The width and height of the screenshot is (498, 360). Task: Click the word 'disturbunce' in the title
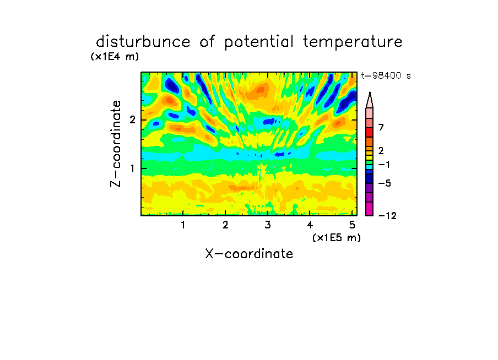coord(143,42)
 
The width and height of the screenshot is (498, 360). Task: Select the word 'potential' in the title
coord(259,42)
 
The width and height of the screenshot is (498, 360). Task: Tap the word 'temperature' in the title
coord(353,42)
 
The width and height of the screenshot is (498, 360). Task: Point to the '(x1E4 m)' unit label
coord(115,57)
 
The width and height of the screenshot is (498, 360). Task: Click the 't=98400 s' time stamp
coord(386,75)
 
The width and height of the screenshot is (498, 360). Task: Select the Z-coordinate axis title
coord(116,144)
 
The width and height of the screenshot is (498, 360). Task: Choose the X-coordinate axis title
coord(249,254)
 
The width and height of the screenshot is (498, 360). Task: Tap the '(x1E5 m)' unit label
coord(337,238)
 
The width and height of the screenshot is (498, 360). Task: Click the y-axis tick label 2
coord(132,120)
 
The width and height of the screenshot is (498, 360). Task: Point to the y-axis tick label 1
coord(132,168)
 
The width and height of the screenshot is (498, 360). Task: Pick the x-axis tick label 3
coord(268,225)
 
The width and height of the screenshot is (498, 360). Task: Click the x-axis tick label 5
coord(352,225)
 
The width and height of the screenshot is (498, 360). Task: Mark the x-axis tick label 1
coord(183,225)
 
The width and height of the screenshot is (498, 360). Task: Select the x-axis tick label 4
coord(310,225)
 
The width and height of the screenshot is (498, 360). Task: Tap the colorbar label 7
coord(381,128)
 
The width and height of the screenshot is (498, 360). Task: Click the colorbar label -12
coord(387,216)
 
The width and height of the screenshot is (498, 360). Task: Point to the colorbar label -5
coord(385,183)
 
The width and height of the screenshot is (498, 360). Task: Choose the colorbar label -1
coord(384,165)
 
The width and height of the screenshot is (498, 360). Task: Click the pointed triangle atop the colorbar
coord(370,100)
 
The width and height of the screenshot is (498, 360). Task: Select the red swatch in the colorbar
coord(370,132)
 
